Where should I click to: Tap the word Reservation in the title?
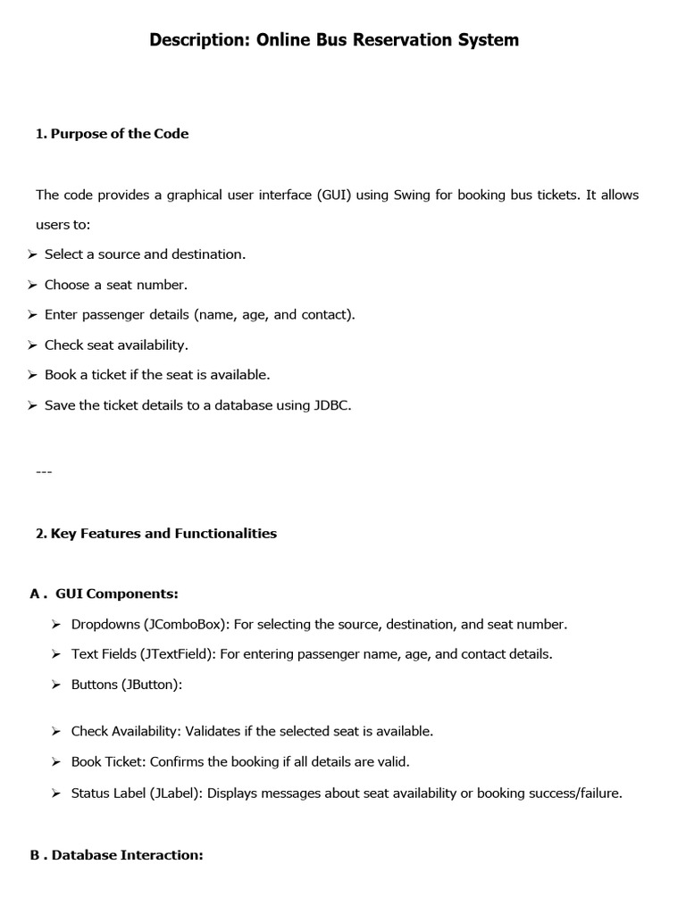[x=393, y=40]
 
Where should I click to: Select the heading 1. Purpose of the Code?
[x=112, y=134]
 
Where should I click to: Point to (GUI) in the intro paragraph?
[x=333, y=195]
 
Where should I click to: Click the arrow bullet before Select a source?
[x=33, y=254]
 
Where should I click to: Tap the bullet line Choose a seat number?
[x=116, y=285]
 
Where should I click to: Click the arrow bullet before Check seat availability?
[x=33, y=345]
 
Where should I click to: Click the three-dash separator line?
[x=44, y=470]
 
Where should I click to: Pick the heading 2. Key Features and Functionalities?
[x=156, y=534]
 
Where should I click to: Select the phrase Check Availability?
[x=126, y=731]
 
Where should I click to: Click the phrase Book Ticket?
[x=109, y=762]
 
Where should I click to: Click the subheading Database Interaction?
[x=128, y=855]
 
